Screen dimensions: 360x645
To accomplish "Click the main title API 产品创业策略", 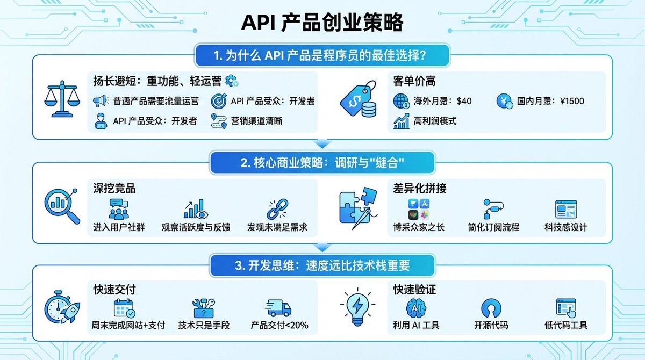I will pos(322,24).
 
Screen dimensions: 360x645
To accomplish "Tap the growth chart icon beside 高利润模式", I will pos(401,121).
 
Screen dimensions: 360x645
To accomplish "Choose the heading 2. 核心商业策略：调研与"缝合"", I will pos(322,162).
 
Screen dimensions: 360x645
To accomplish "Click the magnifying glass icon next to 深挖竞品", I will pos(60,206).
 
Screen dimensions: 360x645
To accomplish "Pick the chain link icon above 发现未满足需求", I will pos(277,208).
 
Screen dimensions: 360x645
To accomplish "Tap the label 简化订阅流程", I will pos(493,227).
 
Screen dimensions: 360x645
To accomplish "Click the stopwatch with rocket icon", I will pos(60,308).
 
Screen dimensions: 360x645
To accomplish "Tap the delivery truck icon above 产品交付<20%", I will pos(278,308).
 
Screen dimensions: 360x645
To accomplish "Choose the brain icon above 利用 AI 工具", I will pos(417,308).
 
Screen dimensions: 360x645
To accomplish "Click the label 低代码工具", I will pos(566,325).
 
